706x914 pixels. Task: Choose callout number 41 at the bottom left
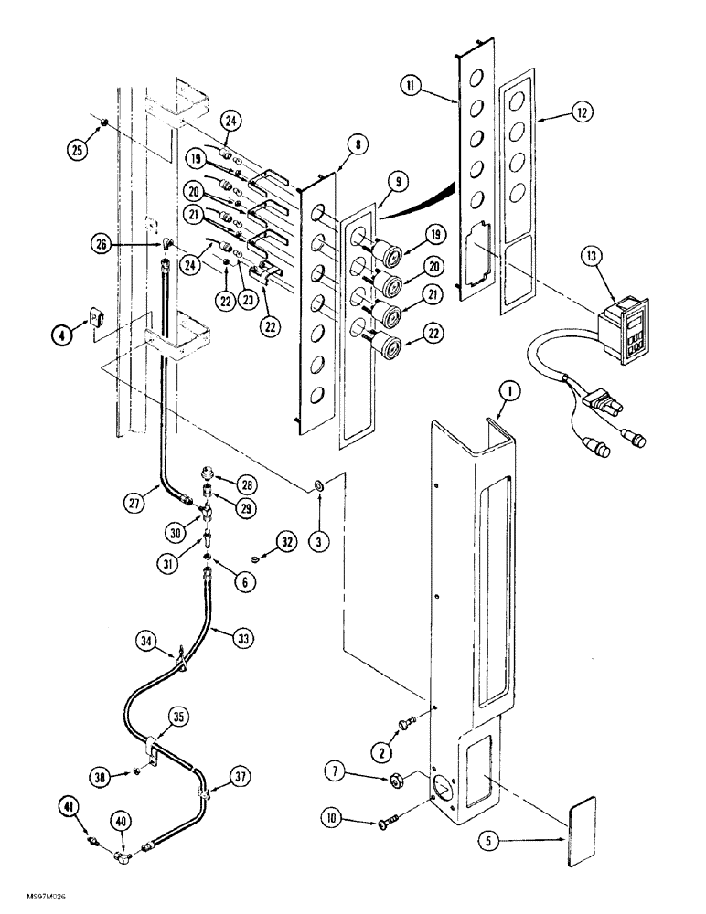point(70,806)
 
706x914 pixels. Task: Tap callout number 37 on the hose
point(241,777)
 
